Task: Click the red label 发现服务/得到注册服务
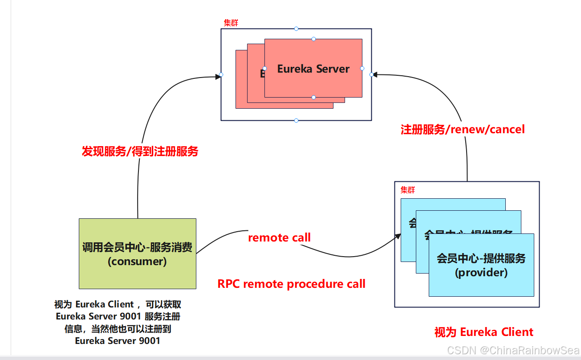click(x=140, y=151)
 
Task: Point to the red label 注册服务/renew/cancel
click(x=463, y=130)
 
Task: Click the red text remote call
click(x=279, y=237)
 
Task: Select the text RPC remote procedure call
click(x=291, y=284)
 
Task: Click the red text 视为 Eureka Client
click(x=483, y=332)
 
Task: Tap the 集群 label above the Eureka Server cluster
click(x=231, y=23)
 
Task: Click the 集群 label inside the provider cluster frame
click(x=408, y=190)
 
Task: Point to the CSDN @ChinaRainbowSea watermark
click(x=513, y=350)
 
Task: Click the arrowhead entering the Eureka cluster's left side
click(x=218, y=76)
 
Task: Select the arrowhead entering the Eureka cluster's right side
click(x=375, y=74)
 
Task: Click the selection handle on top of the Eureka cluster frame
click(x=296, y=29)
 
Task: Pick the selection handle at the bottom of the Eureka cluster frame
click(x=296, y=120)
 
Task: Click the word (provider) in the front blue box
click(x=481, y=272)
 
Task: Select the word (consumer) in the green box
click(x=137, y=262)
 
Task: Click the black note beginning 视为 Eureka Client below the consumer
click(x=118, y=323)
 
